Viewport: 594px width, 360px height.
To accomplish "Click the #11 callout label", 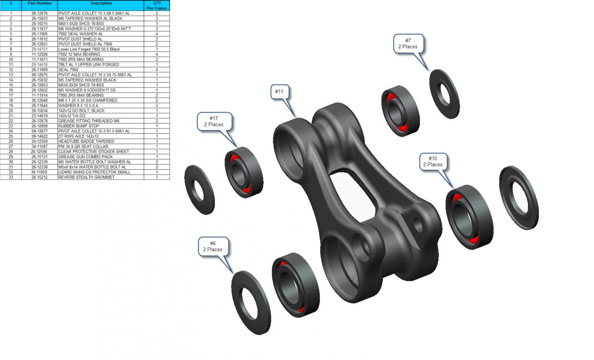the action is (x=280, y=92).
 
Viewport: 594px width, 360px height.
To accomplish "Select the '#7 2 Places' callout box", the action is (x=408, y=43).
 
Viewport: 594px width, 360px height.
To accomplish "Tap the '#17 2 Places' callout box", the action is (x=214, y=122).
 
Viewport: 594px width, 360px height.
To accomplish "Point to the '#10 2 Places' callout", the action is (x=433, y=161).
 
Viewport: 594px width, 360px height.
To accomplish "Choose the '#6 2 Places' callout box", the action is (x=213, y=246).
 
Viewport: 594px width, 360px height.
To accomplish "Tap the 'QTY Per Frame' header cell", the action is (x=157, y=6).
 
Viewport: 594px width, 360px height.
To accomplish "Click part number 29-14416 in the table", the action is (x=40, y=64).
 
